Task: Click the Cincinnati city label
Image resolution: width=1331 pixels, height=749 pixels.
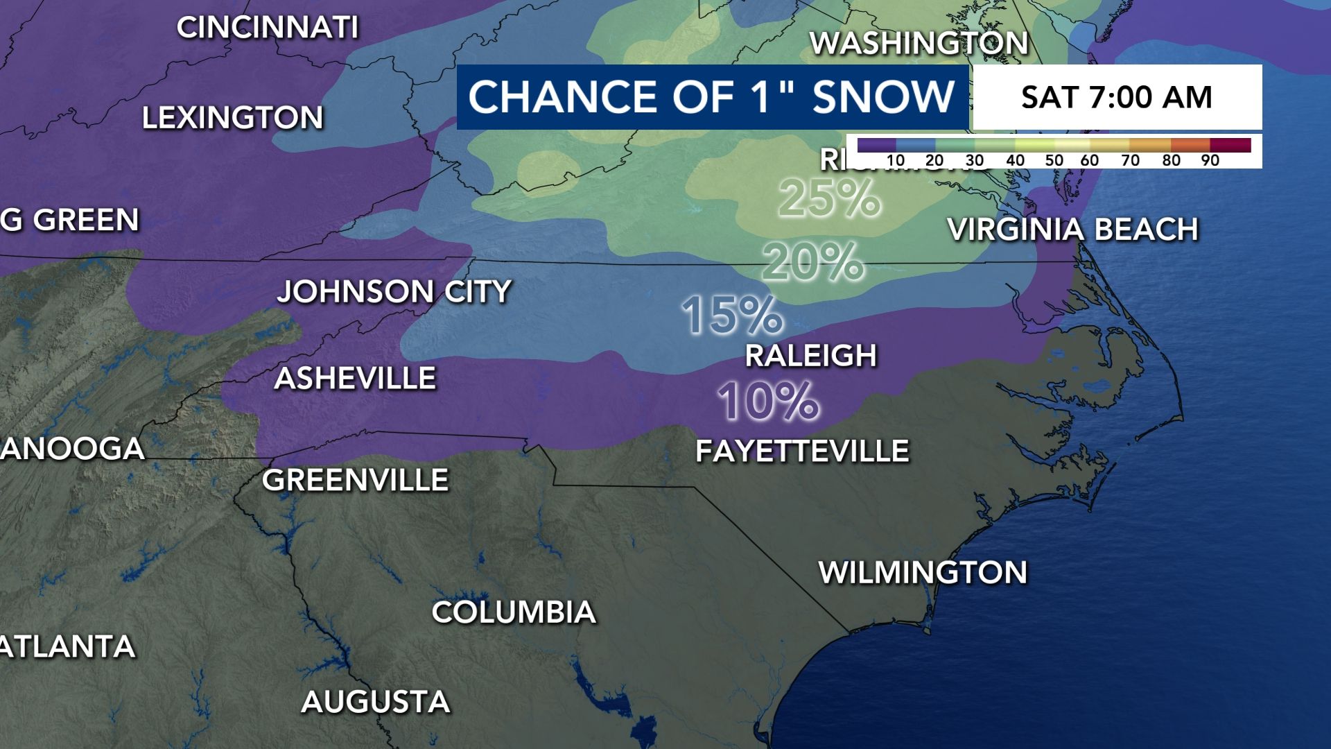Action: click(x=268, y=28)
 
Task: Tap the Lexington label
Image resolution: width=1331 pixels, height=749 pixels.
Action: click(x=233, y=118)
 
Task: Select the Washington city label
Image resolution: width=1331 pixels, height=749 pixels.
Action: click(x=919, y=44)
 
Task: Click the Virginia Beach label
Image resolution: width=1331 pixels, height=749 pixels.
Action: click(x=1073, y=230)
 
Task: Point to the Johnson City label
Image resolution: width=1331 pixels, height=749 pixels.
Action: click(x=394, y=291)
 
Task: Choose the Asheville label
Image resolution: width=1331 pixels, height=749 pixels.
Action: click(x=355, y=379)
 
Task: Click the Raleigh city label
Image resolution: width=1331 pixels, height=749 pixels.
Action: click(x=811, y=356)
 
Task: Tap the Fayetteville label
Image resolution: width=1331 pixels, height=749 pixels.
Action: click(x=802, y=451)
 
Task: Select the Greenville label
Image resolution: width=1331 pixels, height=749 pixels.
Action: click(x=355, y=480)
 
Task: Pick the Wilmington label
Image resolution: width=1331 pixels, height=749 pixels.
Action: click(x=923, y=573)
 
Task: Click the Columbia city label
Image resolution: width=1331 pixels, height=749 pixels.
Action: click(x=514, y=612)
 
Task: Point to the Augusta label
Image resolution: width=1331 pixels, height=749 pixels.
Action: click(x=376, y=702)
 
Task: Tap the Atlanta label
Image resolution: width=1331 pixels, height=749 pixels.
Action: click(x=67, y=647)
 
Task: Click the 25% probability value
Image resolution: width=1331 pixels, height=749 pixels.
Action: click(x=829, y=198)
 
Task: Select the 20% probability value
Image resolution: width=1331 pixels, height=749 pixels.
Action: click(x=812, y=262)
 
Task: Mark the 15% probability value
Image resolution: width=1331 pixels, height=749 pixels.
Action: click(x=732, y=315)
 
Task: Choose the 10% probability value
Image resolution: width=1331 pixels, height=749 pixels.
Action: click(x=768, y=401)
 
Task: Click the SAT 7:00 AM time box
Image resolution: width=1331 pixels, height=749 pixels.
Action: click(x=1116, y=97)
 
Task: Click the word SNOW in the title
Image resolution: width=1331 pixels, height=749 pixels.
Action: click(x=883, y=96)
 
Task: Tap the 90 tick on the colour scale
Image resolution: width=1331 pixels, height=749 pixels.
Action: click(x=1210, y=160)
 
